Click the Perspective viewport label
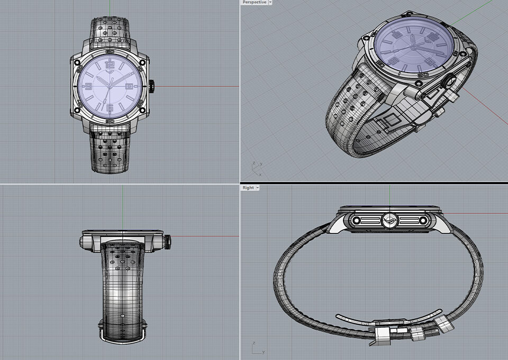(x=254, y=3)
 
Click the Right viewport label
(x=248, y=188)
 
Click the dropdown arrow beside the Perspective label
(x=270, y=3)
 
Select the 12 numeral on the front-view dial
(x=110, y=65)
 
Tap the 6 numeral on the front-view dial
(x=110, y=109)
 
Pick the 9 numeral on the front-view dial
(x=88, y=86)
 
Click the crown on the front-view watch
(x=152, y=86)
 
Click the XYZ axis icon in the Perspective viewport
(x=256, y=169)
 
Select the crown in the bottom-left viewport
(x=168, y=241)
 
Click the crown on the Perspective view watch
(x=451, y=82)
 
